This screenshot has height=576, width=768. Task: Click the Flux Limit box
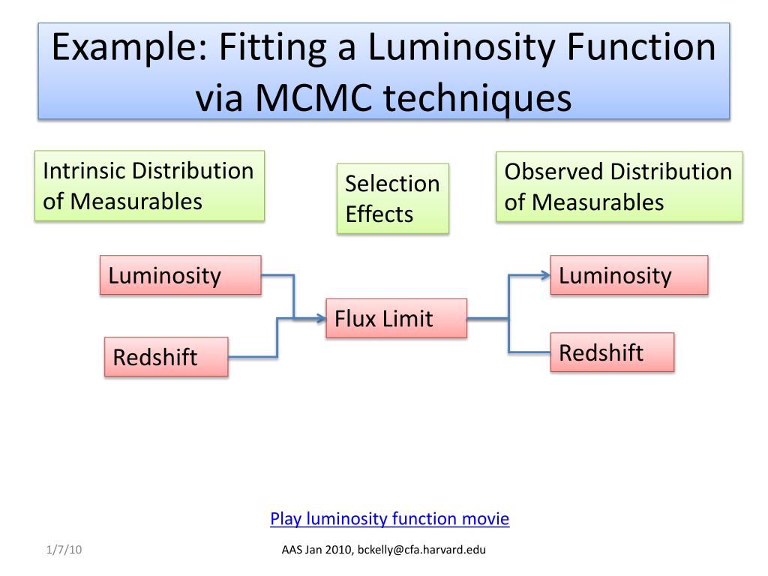click(x=396, y=318)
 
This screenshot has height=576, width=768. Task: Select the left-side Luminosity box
click(x=181, y=275)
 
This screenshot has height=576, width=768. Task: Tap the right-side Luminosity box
click(x=629, y=275)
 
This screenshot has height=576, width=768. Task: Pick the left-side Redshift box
click(x=166, y=357)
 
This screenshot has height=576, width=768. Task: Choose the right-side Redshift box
click(x=612, y=352)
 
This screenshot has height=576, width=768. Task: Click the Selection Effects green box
click(x=392, y=199)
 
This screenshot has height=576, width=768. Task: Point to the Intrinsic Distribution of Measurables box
click(x=149, y=186)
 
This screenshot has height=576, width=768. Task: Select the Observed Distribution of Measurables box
click(x=619, y=187)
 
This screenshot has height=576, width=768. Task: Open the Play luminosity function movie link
click(x=389, y=519)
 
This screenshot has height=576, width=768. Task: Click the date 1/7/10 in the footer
click(x=61, y=550)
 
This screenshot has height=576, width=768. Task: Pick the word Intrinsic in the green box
click(x=84, y=170)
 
